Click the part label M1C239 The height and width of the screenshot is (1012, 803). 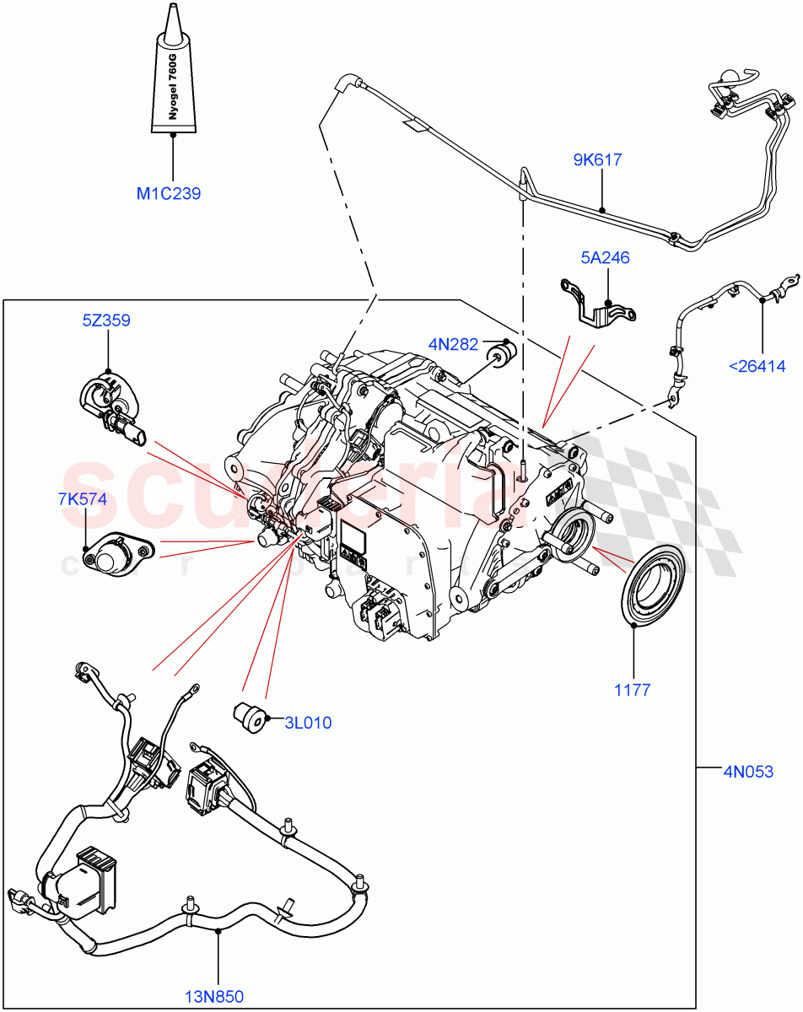coord(169,194)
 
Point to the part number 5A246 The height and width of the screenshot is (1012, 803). coord(604,258)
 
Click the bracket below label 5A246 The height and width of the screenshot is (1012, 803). coord(598,303)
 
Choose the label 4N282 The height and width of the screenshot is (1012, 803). coord(453,344)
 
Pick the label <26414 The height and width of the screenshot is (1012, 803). coord(757,366)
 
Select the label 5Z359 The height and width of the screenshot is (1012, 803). coord(106,320)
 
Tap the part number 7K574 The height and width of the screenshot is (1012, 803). coord(83,498)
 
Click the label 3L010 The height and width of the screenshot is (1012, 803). coord(308,723)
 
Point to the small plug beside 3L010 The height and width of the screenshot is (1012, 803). coord(248,716)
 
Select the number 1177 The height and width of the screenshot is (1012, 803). coord(632,690)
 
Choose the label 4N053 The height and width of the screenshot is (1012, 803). coord(747,770)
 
